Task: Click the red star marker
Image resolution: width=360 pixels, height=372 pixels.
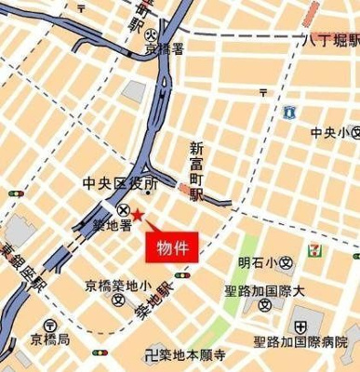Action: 137,216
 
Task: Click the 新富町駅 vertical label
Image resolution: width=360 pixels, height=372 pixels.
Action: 196,171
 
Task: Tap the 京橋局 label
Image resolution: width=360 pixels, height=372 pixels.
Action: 50,339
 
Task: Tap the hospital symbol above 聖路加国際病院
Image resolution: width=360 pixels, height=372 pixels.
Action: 300,327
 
